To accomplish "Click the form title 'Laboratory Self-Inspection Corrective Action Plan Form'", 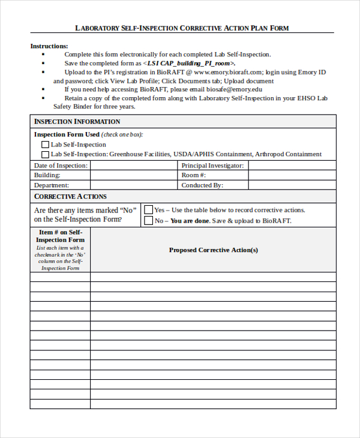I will tap(181, 28).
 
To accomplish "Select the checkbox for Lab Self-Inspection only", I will tap(45, 145).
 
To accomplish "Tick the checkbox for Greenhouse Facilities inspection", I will tap(45, 154).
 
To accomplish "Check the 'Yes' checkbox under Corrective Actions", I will tap(149, 210).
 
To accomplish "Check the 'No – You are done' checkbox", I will tap(149, 221).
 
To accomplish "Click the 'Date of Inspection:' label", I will tap(61, 165).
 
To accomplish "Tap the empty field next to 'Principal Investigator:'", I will tap(292, 165).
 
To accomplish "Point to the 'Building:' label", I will tap(47, 175).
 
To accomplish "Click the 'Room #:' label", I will tap(194, 175).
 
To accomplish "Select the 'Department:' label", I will tap(52, 185).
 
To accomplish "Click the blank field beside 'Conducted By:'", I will tap(292, 185).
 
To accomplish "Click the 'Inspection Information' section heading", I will tap(77, 122).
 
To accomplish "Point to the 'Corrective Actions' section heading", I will tap(70, 196).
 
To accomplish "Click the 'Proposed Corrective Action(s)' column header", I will tap(213, 250).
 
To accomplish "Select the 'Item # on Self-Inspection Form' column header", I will tap(60, 236).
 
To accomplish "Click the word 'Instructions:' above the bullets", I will tap(49, 46).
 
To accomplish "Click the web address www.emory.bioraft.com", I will tap(229, 72).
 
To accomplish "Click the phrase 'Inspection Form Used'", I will tap(67, 134).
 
